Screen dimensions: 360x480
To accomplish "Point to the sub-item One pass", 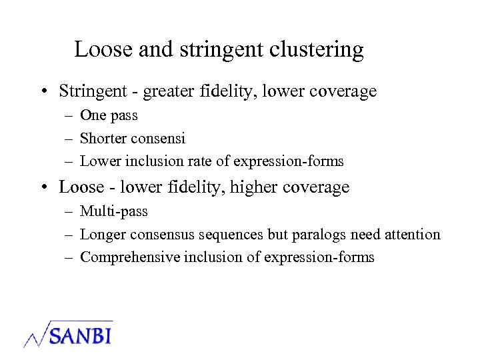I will [x=109, y=115].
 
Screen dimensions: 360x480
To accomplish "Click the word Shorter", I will [x=104, y=138].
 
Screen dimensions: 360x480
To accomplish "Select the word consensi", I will [x=159, y=139].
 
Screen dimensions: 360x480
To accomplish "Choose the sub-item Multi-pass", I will [x=114, y=211].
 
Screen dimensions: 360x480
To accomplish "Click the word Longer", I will [x=103, y=235].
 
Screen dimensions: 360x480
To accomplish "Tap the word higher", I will [x=255, y=187].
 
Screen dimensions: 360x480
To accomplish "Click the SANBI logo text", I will [x=79, y=334].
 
